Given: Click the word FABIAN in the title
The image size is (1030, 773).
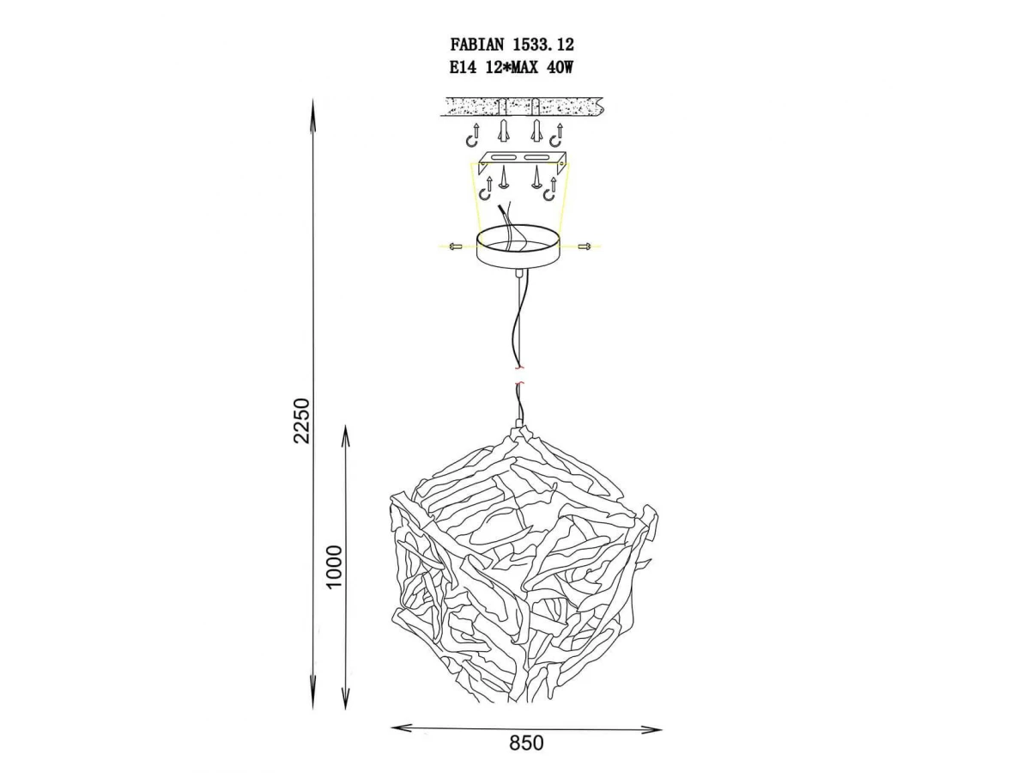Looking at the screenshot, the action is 476,45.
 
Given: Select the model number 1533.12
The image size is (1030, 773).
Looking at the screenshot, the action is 543,45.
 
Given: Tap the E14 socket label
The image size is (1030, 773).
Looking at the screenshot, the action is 463,68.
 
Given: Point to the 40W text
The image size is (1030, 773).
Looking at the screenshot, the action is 560,68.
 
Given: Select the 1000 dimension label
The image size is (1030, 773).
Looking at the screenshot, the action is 335,567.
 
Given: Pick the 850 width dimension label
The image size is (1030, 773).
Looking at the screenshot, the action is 526,743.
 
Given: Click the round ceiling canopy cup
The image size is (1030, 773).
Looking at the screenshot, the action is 518,247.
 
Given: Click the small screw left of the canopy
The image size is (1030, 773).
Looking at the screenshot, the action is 456,246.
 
